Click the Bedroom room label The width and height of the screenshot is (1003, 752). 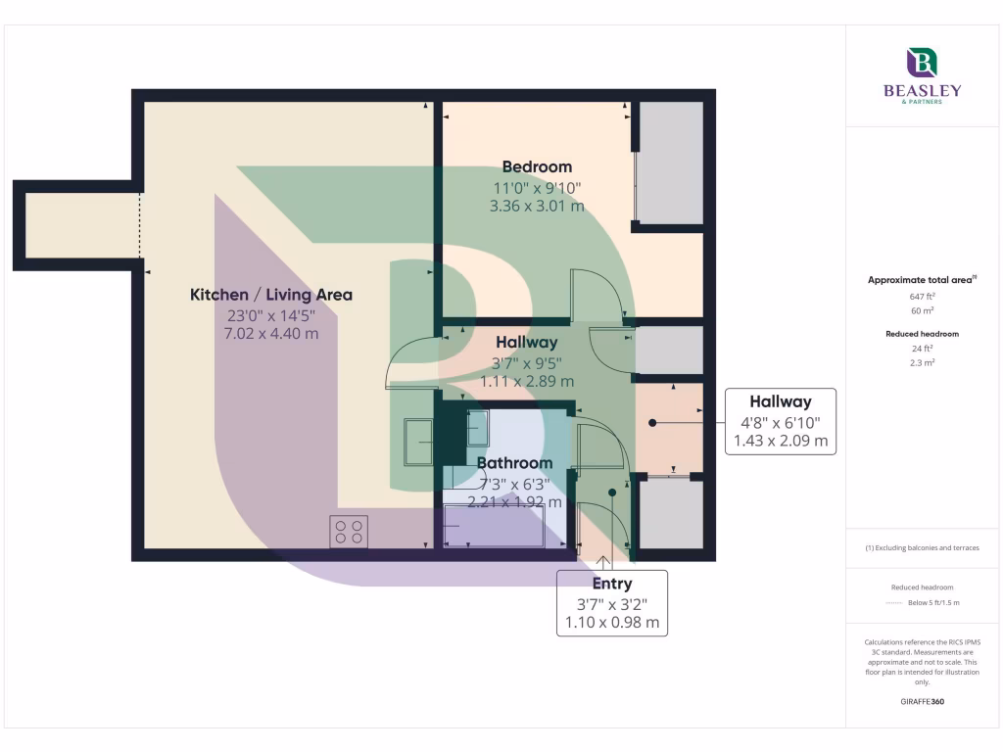tap(537, 166)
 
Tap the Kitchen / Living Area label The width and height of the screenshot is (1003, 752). tap(270, 295)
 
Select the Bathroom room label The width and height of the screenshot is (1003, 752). tap(514, 462)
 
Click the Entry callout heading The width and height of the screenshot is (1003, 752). tap(612, 585)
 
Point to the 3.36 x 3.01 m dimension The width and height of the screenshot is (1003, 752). tap(537, 206)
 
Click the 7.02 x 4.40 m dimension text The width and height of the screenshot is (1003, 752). tap(270, 333)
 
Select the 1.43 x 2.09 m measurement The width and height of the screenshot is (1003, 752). tap(780, 441)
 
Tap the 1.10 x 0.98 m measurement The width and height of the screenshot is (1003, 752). tap(612, 622)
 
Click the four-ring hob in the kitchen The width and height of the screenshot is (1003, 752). tap(349, 532)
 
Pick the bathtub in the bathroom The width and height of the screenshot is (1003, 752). tap(494, 526)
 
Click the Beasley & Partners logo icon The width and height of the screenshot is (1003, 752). tap(922, 64)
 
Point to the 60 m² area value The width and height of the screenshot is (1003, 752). tap(922, 309)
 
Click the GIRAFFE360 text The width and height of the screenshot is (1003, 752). tap(922, 701)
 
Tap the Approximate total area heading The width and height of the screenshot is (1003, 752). tap(922, 280)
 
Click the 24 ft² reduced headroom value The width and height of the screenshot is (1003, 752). tap(922, 349)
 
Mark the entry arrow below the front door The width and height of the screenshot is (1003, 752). tap(604, 561)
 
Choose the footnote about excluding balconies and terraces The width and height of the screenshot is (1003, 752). tap(922, 547)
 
